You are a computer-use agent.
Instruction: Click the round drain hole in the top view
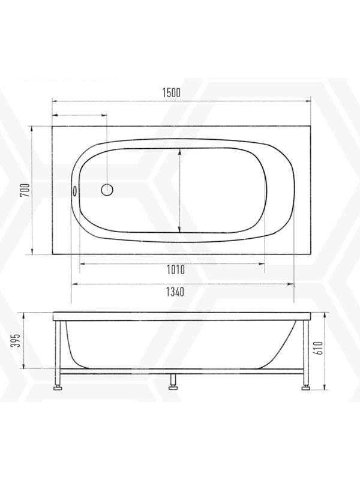click(107, 190)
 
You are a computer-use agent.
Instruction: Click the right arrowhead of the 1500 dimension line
click(309, 101)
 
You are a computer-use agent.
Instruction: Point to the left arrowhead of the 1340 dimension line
click(74, 283)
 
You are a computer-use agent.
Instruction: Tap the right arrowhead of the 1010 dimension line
click(263, 262)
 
